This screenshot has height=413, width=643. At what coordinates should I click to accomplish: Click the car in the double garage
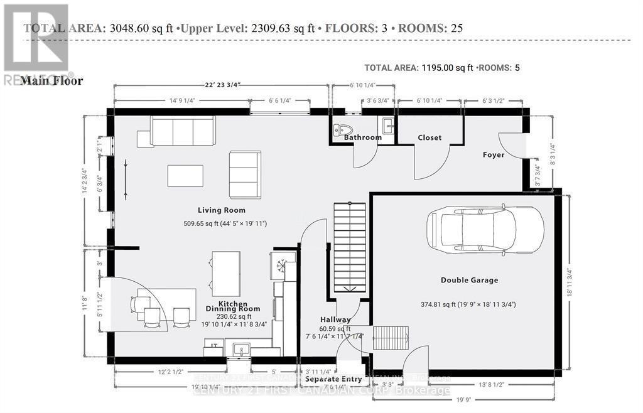485,230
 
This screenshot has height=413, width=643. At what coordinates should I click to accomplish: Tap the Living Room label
221,210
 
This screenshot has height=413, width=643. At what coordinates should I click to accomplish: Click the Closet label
430,137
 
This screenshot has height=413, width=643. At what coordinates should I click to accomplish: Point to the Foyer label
494,154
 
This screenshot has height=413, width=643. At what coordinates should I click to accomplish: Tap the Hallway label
335,319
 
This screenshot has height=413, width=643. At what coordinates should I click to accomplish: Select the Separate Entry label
333,379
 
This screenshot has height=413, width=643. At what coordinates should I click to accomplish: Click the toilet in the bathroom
340,129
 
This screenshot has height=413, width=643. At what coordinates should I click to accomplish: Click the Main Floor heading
51,80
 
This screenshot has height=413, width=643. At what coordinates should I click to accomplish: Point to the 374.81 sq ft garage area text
468,304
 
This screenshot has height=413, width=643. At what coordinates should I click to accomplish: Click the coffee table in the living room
185,176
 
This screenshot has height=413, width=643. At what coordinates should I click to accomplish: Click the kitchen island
225,274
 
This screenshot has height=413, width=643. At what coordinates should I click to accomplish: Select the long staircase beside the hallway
349,251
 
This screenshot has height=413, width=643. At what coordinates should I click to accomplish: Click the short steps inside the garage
391,338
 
